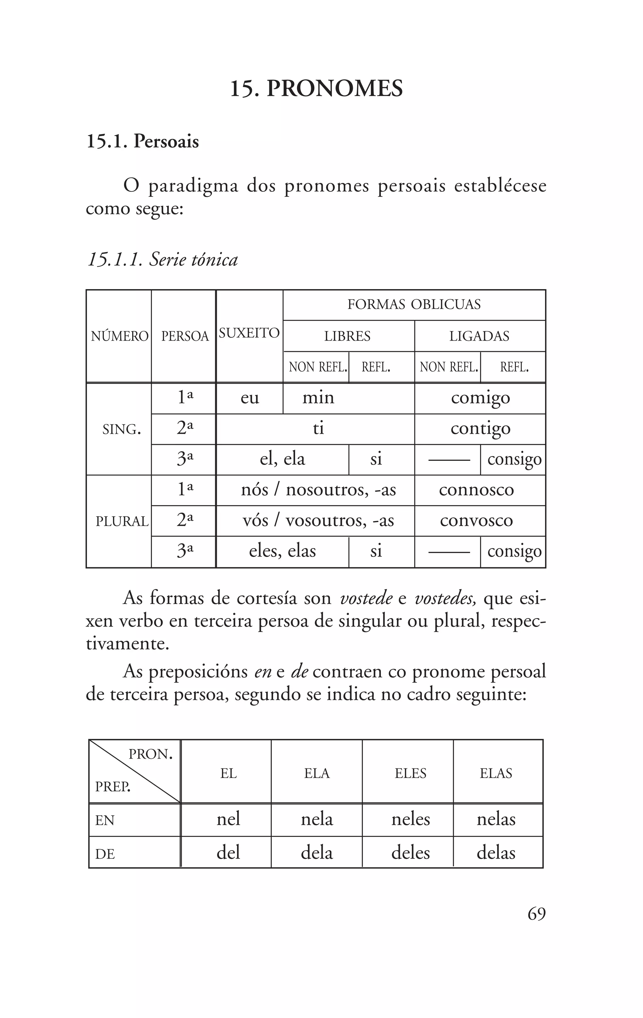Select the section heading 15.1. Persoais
pyautogui.click(x=143, y=142)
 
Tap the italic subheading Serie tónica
pyautogui.click(x=162, y=259)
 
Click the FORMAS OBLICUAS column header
pyautogui.click(x=414, y=304)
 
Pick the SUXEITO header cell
pyautogui.click(x=249, y=333)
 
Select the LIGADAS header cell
pyautogui.click(x=479, y=336)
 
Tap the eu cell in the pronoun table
pyautogui.click(x=249, y=398)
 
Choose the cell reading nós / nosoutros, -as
pyautogui.click(x=318, y=490)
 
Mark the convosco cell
pyautogui.click(x=476, y=520)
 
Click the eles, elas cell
pyautogui.click(x=282, y=551)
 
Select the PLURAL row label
pyautogui.click(x=122, y=521)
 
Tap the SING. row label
pyautogui.click(x=121, y=429)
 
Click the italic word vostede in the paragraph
pyautogui.click(x=366, y=599)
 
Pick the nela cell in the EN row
pyautogui.click(x=317, y=819)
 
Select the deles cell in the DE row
pyautogui.click(x=410, y=852)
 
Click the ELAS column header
pyautogui.click(x=495, y=773)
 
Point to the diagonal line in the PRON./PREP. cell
pyautogui.click(x=135, y=772)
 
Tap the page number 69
pyautogui.click(x=536, y=914)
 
